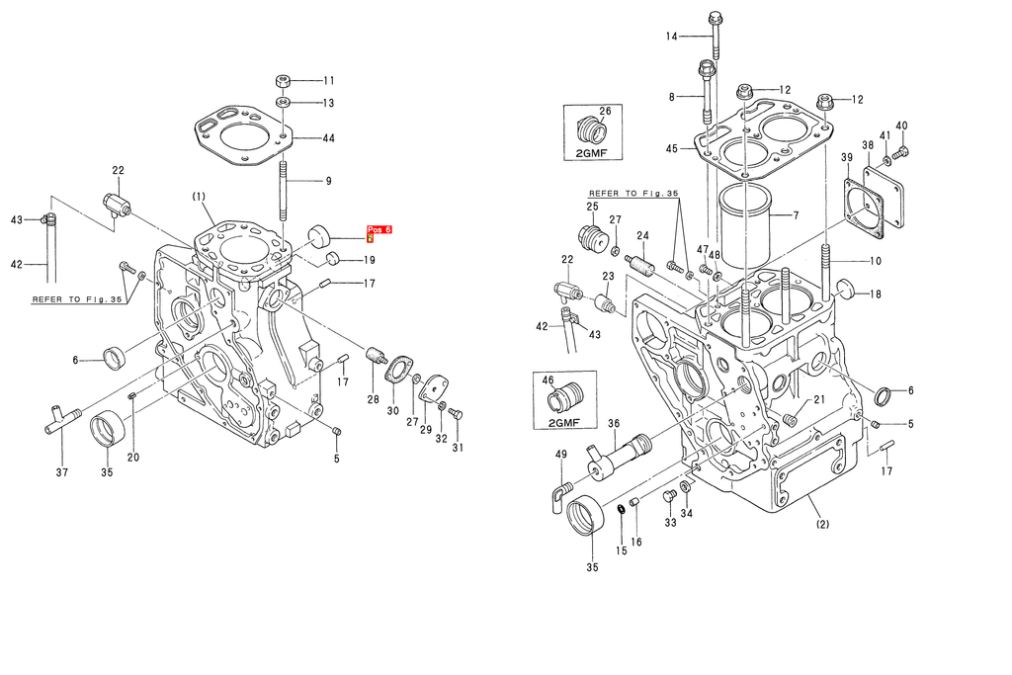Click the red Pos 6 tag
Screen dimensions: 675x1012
click(379, 230)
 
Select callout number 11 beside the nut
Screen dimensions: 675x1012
click(329, 81)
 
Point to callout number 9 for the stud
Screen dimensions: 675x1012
click(329, 181)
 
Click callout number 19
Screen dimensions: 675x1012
click(369, 261)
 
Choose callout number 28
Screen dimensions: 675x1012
click(373, 399)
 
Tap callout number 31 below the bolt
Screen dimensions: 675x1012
click(458, 448)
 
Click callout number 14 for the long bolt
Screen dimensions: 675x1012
click(672, 37)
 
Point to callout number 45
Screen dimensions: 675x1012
click(672, 149)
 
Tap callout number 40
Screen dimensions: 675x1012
click(901, 126)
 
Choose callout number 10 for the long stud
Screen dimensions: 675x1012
click(875, 261)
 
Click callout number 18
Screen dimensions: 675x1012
click(875, 294)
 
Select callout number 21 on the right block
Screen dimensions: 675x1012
click(819, 399)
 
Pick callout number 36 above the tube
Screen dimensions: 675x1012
click(613, 424)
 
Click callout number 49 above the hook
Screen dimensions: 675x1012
click(560, 454)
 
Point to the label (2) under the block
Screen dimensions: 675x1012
click(822, 526)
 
